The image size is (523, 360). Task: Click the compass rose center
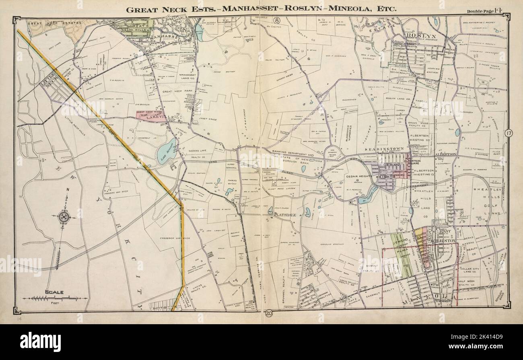click(x=64, y=217)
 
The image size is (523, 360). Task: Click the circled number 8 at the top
click(x=277, y=20)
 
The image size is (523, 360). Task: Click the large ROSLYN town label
click(x=420, y=35)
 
